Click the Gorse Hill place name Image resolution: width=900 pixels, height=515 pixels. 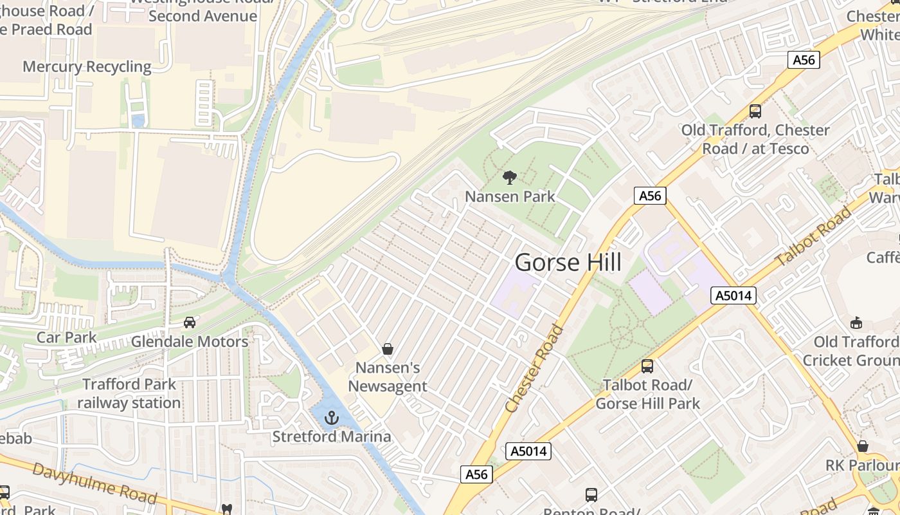coord(568,263)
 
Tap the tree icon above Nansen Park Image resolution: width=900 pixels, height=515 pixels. coord(509,177)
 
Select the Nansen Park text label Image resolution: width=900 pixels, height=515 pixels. coord(510,196)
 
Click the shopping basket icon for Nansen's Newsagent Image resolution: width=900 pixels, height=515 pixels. coord(388,349)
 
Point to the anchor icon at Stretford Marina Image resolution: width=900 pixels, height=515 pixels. coord(331,418)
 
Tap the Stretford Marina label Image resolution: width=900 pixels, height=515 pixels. coord(331,436)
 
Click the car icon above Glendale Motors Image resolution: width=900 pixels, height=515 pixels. coord(190,322)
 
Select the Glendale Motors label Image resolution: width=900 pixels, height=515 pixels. coord(190,341)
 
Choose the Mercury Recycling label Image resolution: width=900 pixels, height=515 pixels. coord(87,67)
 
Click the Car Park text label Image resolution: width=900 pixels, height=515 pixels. coord(66,337)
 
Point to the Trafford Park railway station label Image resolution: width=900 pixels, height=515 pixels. coord(129,393)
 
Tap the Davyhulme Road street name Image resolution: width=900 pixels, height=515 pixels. coord(94,483)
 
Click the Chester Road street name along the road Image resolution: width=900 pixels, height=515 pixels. coord(534,369)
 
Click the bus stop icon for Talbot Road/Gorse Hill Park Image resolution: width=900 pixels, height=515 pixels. coord(647,366)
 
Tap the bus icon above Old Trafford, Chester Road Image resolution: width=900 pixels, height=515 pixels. coord(755,111)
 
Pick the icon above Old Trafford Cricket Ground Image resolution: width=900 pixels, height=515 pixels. coord(856,323)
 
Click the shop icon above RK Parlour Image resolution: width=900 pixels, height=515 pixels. coord(863,446)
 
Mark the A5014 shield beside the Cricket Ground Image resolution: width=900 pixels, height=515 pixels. coord(733,295)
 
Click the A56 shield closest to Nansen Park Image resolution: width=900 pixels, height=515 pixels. coord(650,196)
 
